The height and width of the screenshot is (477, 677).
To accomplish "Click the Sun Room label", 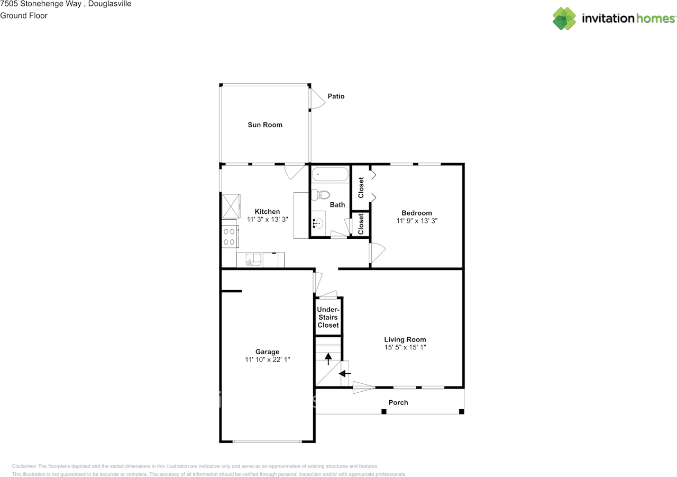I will point(265,125).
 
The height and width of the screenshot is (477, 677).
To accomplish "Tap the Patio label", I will point(336,96).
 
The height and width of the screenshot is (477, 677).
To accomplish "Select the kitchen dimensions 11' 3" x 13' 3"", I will point(267,220).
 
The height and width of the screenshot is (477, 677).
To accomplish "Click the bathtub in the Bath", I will point(330,174).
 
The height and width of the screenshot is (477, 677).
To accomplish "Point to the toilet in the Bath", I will point(321,195).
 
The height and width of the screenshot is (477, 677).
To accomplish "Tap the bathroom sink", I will point(318,223).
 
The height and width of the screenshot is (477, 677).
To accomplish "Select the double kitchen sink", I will point(253,259).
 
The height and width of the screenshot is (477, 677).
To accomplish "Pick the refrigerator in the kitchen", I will point(231,206).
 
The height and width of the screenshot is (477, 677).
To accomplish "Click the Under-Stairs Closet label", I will point(328,317).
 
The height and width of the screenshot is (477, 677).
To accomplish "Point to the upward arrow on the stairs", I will point(328,359).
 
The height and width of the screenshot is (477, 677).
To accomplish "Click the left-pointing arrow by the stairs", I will point(344,374).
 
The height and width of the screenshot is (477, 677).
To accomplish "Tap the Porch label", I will point(398,402).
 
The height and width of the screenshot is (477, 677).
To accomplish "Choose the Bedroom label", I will point(417,213).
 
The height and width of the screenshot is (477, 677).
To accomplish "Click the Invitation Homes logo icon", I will point(564,19).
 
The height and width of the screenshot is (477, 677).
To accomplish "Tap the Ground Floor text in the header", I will point(24,15).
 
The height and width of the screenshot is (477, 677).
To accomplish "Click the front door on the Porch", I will point(363,388).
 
